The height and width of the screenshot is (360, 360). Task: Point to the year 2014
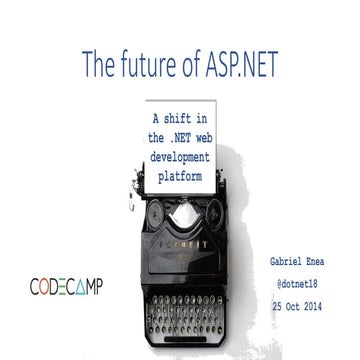coord(330,304)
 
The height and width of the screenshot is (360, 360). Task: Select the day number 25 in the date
coord(285,304)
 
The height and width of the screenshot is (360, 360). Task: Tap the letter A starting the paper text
coord(141,118)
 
